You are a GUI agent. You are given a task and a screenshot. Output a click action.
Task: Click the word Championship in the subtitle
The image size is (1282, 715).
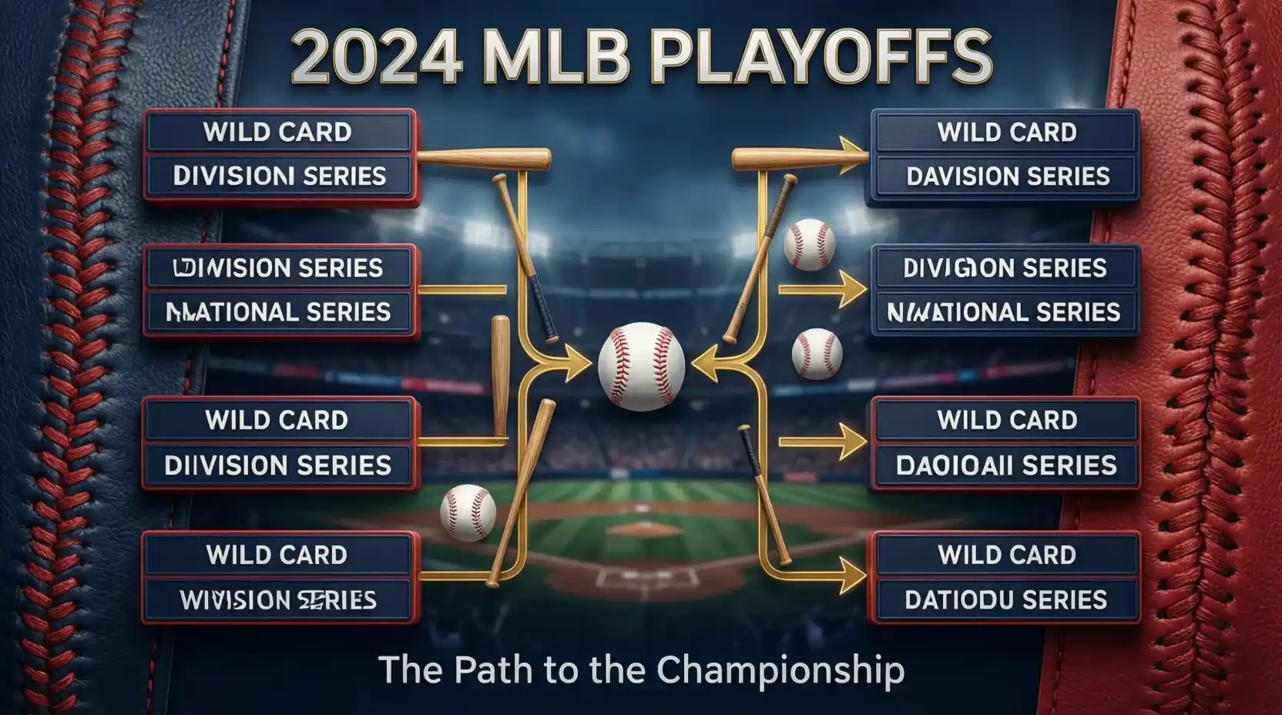click(780, 670)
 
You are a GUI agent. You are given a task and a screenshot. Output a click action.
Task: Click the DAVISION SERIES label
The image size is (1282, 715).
click(1008, 176)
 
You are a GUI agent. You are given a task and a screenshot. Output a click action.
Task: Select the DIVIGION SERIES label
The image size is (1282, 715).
click(1005, 268)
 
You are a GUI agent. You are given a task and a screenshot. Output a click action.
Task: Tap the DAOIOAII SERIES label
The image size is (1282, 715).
click(1006, 465)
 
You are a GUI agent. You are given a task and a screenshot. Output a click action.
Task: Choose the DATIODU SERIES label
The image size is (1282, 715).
click(1005, 600)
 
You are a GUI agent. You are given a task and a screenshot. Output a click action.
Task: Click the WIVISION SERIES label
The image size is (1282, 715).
click(278, 600)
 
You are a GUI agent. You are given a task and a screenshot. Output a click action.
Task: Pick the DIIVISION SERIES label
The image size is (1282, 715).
click(278, 465)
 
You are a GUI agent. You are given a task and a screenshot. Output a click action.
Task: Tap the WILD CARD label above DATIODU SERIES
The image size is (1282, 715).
click(1007, 555)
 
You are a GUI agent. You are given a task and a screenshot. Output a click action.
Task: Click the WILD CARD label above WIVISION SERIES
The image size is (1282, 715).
click(277, 555)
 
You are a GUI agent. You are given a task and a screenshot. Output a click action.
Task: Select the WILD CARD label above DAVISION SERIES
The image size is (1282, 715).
click(1007, 133)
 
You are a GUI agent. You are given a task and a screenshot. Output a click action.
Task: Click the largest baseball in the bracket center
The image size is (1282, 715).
click(641, 366)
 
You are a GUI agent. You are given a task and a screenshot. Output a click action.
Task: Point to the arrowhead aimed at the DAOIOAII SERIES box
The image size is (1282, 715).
click(853, 442)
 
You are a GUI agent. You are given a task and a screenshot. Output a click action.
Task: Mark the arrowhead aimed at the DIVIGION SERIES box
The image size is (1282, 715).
click(853, 290)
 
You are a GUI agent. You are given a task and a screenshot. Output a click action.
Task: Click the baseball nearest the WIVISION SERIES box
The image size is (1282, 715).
click(468, 512)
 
